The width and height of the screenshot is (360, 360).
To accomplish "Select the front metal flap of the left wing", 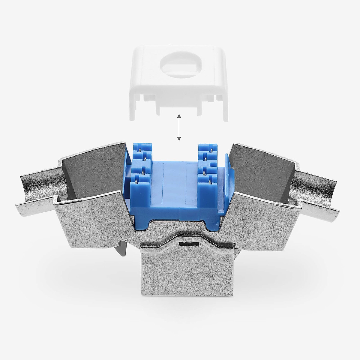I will pos(93,219).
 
